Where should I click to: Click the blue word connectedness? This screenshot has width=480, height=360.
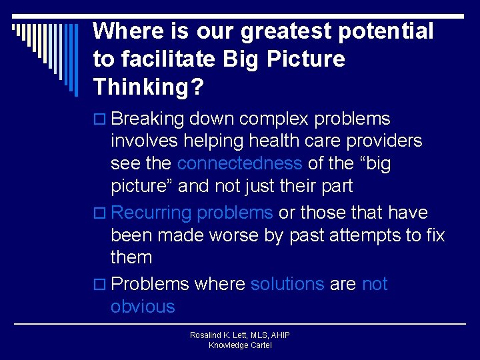click(x=239, y=164)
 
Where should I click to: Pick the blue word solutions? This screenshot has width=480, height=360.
click(x=287, y=284)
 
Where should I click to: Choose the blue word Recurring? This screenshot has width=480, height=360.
click(x=151, y=213)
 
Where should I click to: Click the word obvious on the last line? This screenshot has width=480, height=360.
click(x=143, y=307)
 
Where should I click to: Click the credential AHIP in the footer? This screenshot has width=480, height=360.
click(x=278, y=335)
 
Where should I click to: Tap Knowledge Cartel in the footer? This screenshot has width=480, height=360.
click(x=239, y=345)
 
